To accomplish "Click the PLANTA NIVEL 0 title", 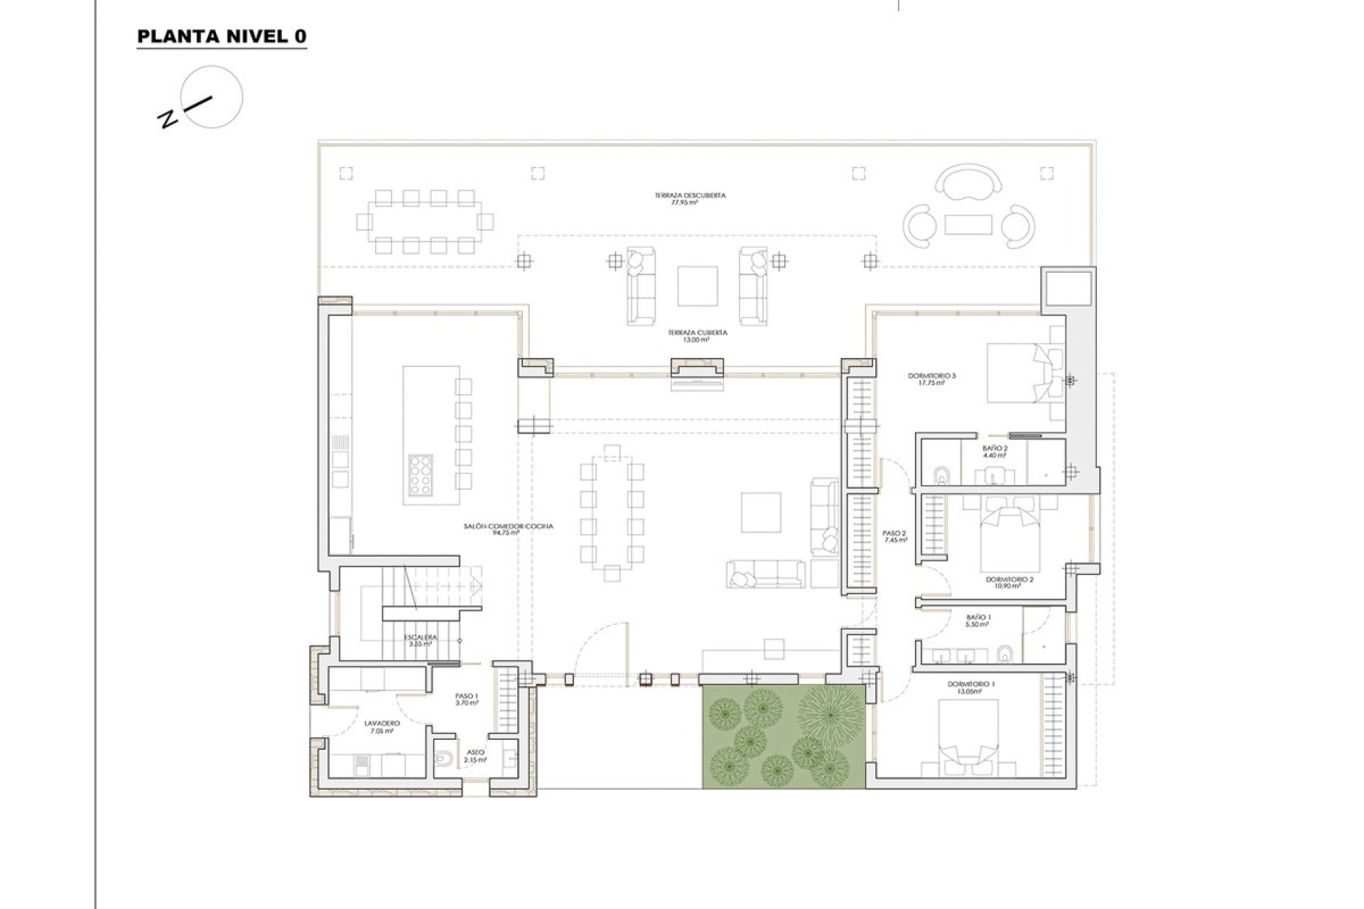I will (222, 37).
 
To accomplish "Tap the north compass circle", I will (211, 97).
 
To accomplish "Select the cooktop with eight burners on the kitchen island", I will (419, 474).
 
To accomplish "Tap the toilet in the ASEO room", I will (443, 759).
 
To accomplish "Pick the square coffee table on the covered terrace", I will (697, 285).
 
